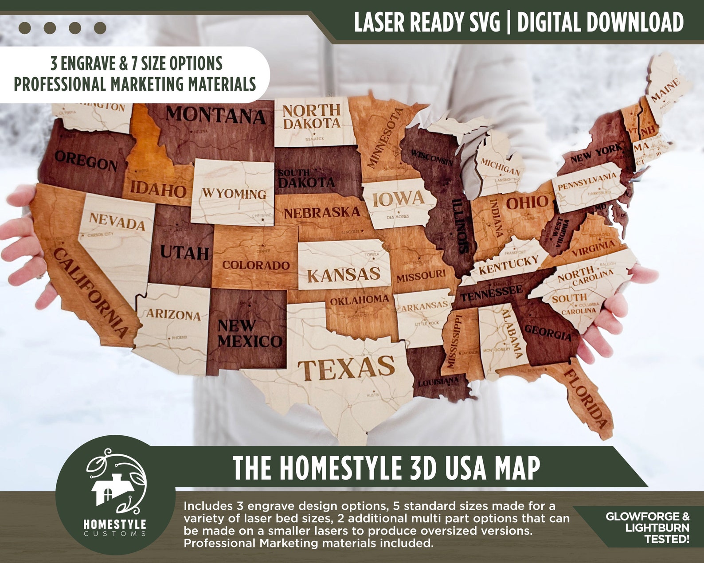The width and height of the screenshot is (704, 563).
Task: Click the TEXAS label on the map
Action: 346,369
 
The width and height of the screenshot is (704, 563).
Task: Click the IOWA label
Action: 398,199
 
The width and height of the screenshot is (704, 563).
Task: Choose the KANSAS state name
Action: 344,275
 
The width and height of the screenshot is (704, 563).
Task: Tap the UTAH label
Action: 184,253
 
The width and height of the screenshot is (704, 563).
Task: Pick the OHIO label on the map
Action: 527,203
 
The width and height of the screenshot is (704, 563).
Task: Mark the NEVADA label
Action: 117,221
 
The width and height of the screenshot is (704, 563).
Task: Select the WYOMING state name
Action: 235,194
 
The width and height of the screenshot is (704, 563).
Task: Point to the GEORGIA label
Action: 548,332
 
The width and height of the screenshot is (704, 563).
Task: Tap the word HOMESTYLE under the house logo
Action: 115,524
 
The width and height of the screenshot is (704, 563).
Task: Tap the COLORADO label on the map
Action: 256,265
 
